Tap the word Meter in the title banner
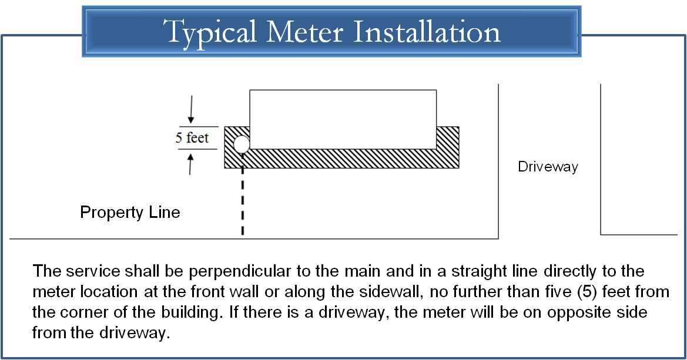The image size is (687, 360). pyautogui.click(x=304, y=31)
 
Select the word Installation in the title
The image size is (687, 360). pyautogui.click(x=426, y=31)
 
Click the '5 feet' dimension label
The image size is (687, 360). pyautogui.click(x=192, y=137)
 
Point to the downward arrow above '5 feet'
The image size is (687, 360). pyautogui.click(x=190, y=109)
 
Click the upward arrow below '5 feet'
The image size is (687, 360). pyautogui.click(x=190, y=164)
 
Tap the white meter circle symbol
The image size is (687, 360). pyautogui.click(x=242, y=144)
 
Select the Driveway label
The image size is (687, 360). pyautogui.click(x=548, y=167)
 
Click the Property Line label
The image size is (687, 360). pyautogui.click(x=130, y=213)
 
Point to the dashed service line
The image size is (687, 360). pyautogui.click(x=243, y=201)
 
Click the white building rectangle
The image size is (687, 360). pyautogui.click(x=343, y=119)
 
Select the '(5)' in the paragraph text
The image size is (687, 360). pyautogui.click(x=588, y=292)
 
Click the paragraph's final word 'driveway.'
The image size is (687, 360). pyautogui.click(x=134, y=333)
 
